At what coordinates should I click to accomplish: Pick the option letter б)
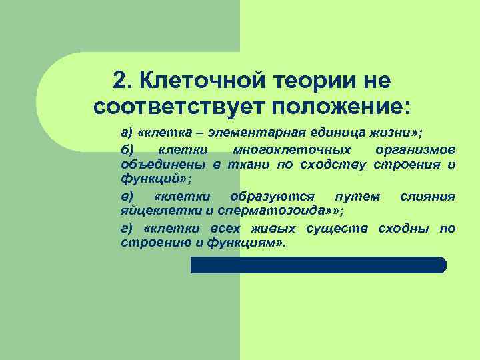pos(127,148)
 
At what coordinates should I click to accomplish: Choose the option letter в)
pos(127,196)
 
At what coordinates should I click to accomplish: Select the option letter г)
pos(127,229)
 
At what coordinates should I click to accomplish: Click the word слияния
pos(427,196)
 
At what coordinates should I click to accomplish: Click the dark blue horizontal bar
pos(318,265)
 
